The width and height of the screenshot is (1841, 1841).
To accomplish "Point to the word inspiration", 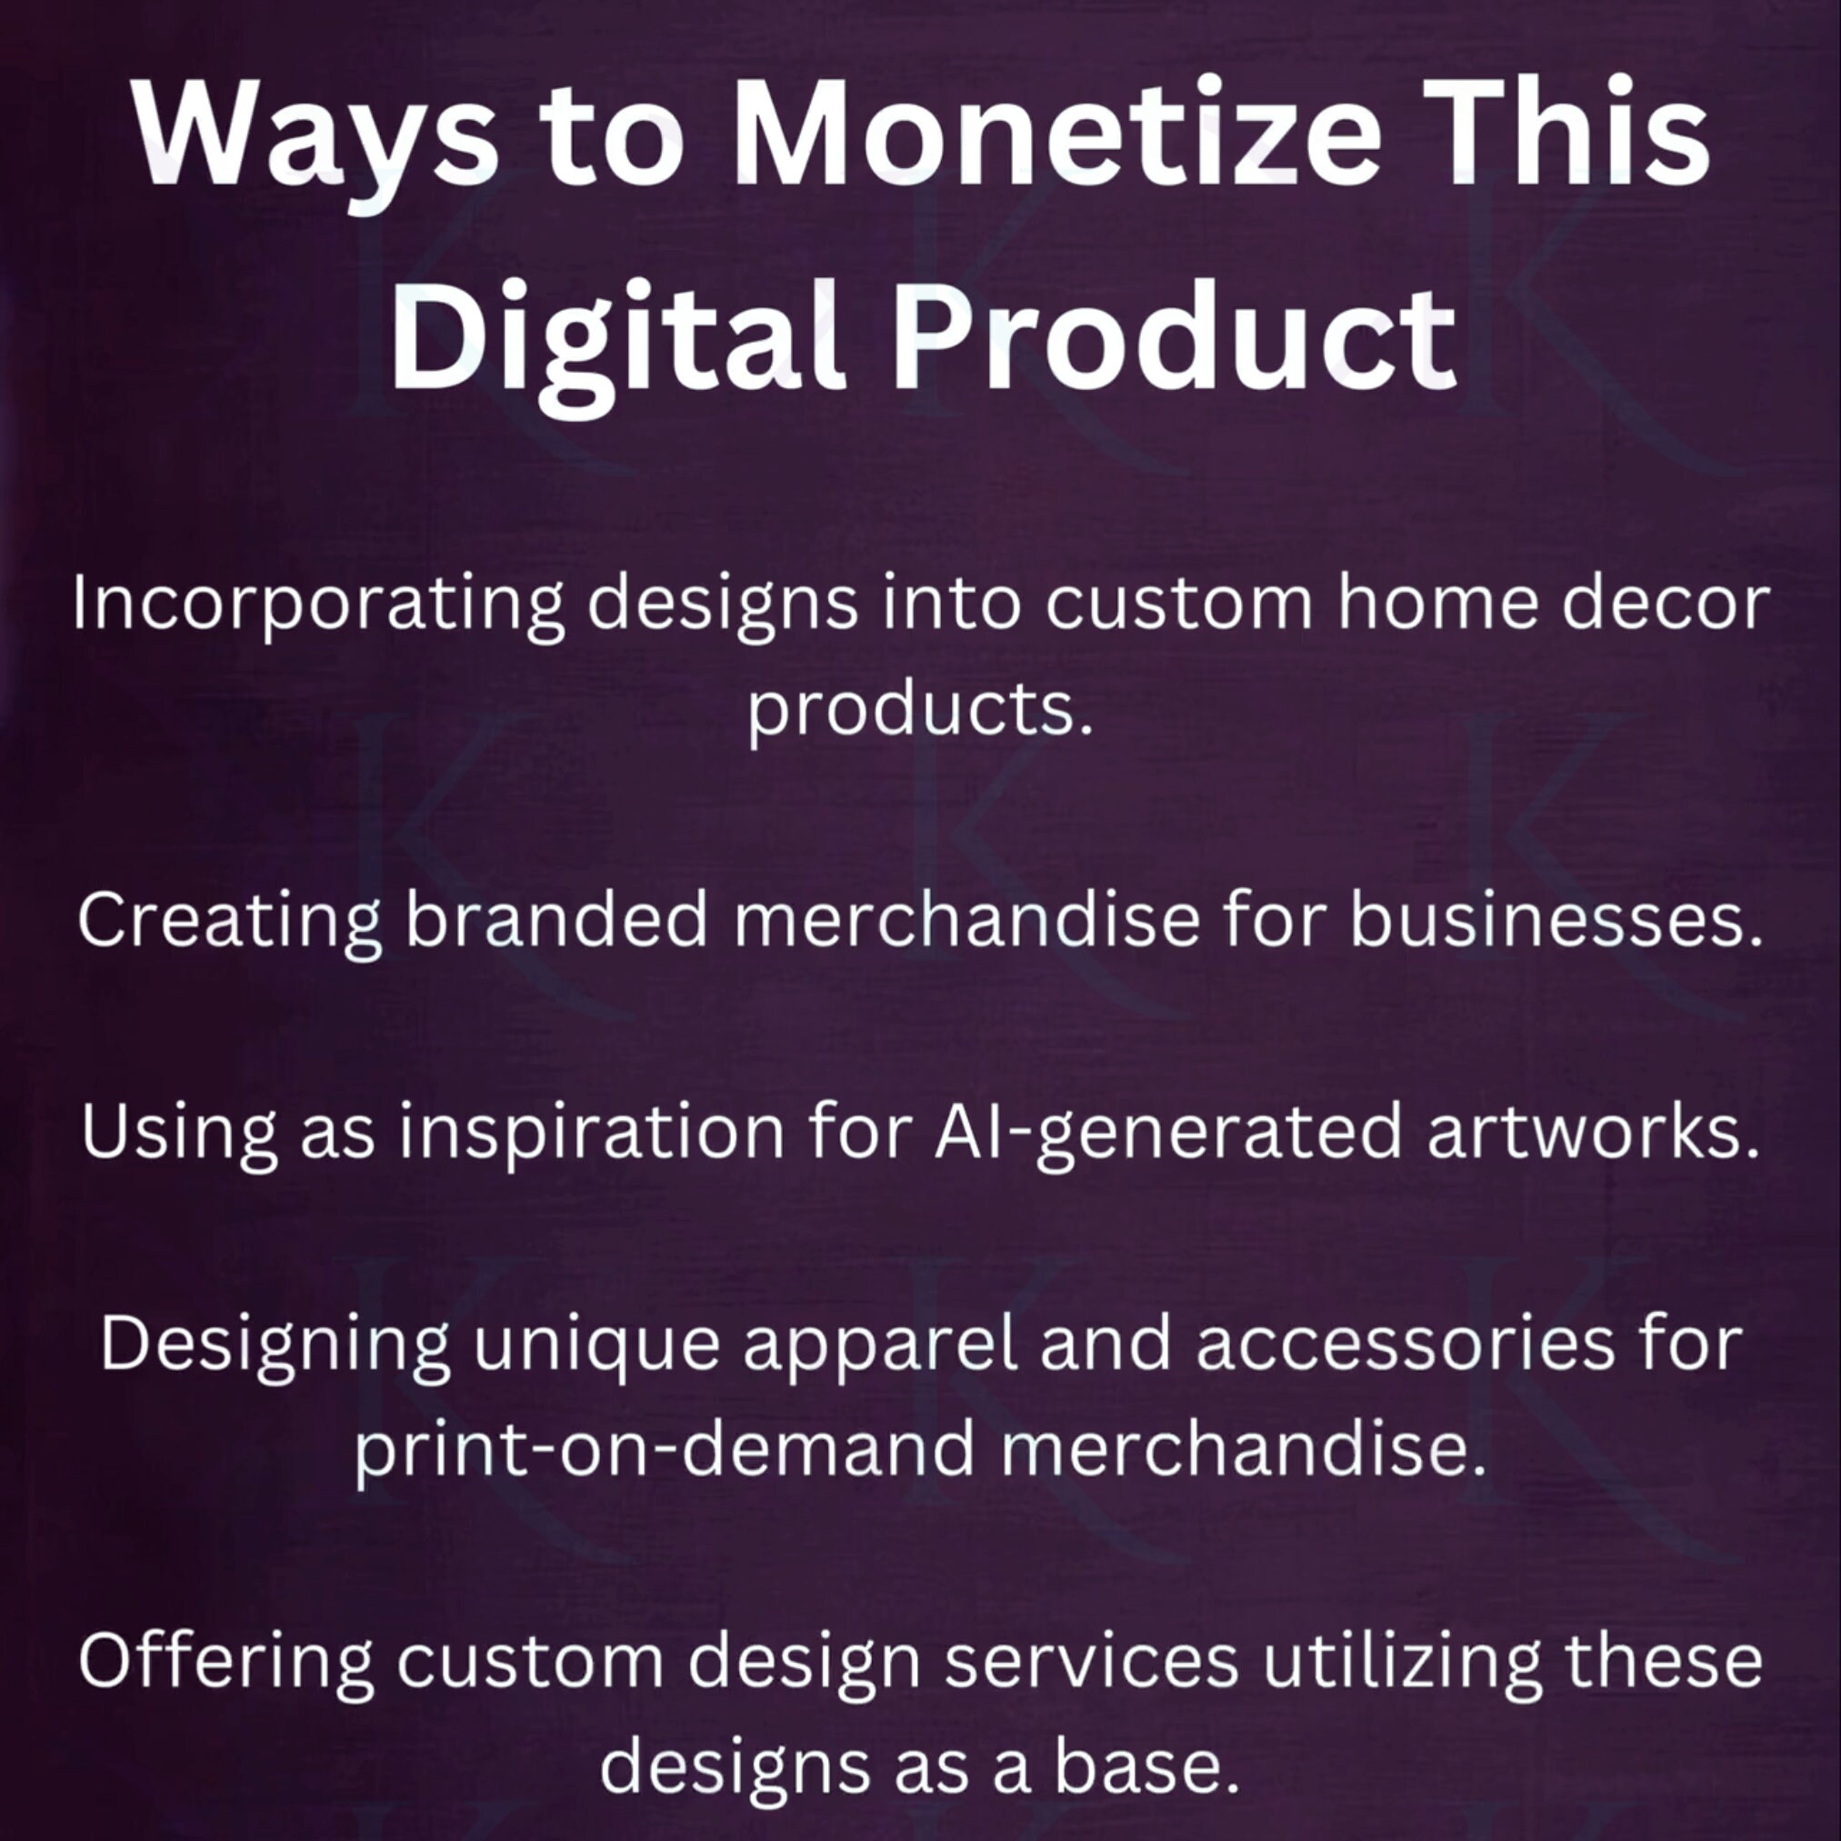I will tap(591, 1133).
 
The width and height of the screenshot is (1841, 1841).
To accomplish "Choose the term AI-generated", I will tap(1168, 1133).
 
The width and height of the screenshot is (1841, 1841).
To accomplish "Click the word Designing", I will tap(275, 1346).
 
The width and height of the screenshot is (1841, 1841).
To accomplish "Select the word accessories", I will tap(1406, 1345).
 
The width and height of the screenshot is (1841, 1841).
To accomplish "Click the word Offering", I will tap(225, 1663).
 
